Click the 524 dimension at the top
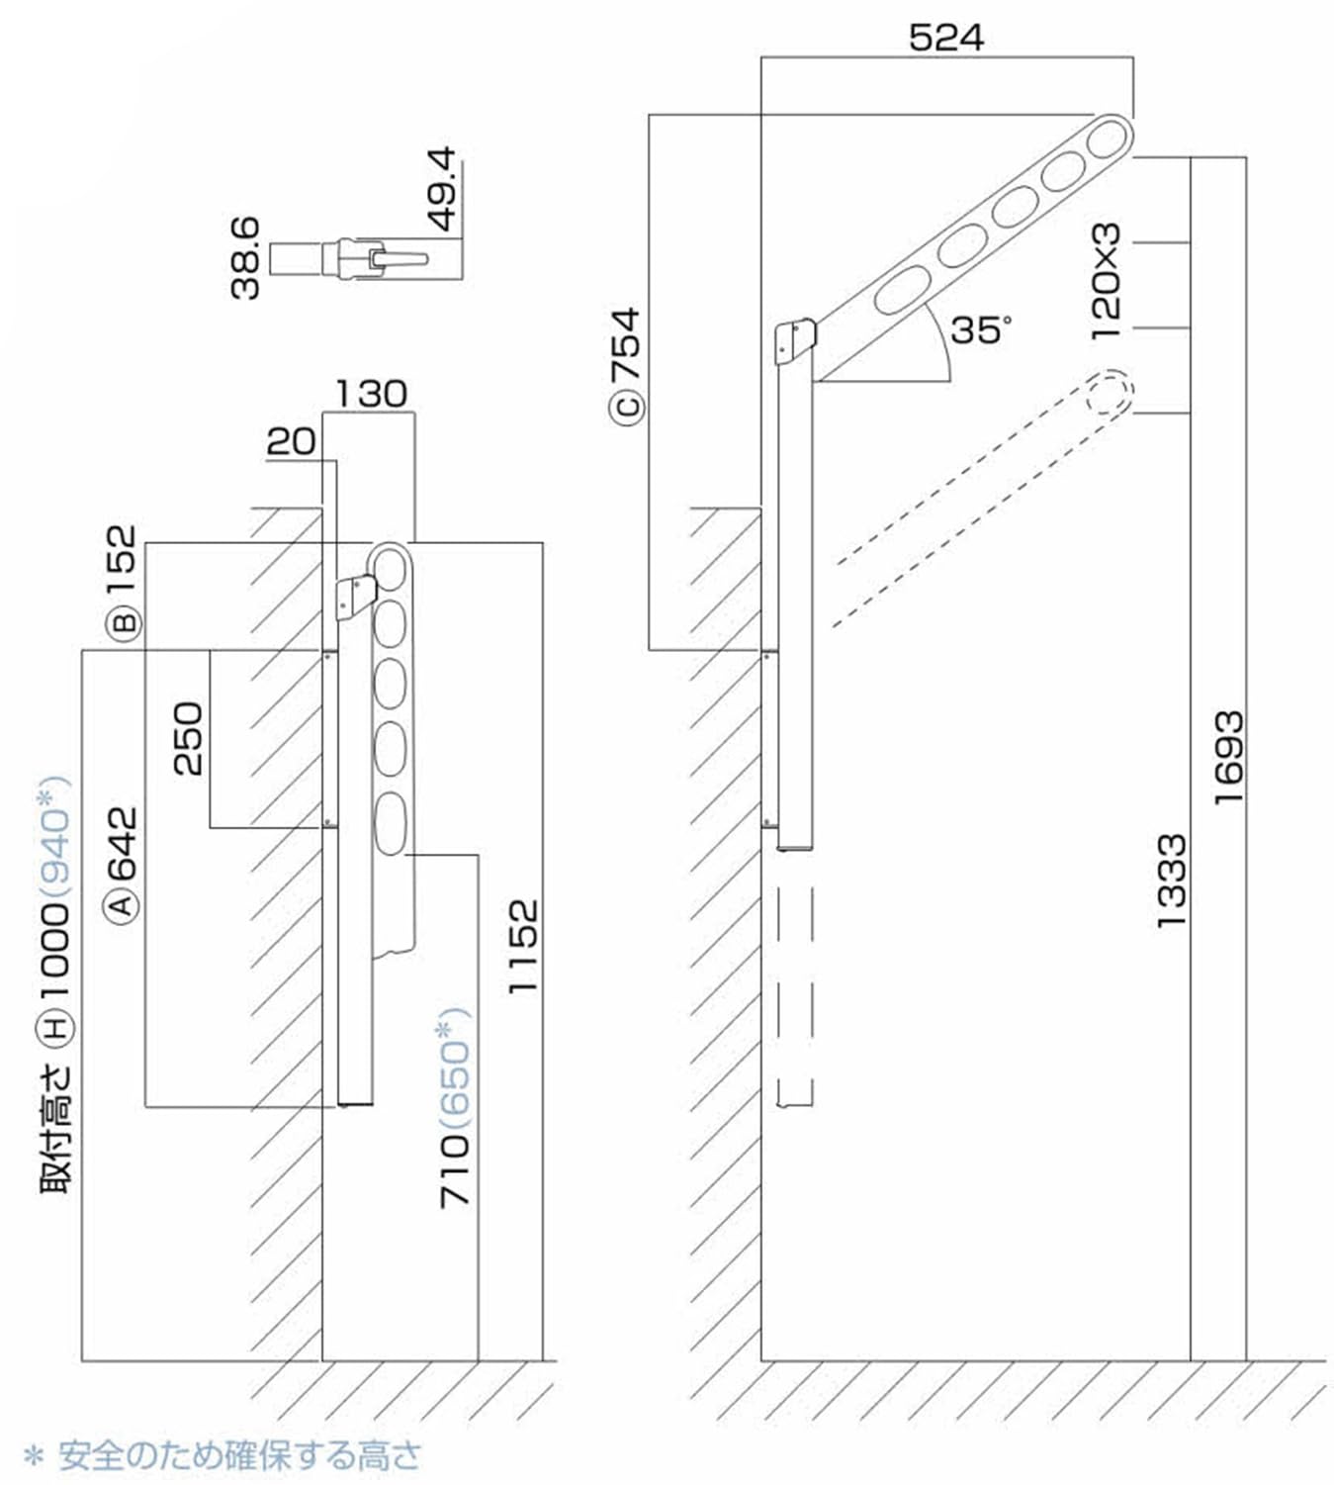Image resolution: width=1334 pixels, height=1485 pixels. [x=945, y=38]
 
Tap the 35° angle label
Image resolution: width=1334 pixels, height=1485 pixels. [x=980, y=329]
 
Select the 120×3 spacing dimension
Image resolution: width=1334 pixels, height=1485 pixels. [x=1107, y=282]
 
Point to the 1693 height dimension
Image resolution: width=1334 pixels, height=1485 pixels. [x=1228, y=757]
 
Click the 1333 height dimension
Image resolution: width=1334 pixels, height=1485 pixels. [x=1171, y=880]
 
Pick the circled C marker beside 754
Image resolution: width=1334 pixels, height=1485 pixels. [x=628, y=407]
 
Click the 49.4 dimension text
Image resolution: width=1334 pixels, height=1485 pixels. [x=442, y=188]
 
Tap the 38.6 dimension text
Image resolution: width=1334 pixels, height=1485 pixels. [x=244, y=258]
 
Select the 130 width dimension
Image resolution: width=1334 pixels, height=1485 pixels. [x=371, y=394]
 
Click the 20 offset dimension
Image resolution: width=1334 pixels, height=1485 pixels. [x=291, y=441]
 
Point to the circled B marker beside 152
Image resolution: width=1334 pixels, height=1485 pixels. [x=125, y=623]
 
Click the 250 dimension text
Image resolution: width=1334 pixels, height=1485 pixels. [x=187, y=738]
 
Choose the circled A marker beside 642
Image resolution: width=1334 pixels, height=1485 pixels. [x=123, y=904]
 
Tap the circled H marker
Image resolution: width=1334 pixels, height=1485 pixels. [x=55, y=1028]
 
